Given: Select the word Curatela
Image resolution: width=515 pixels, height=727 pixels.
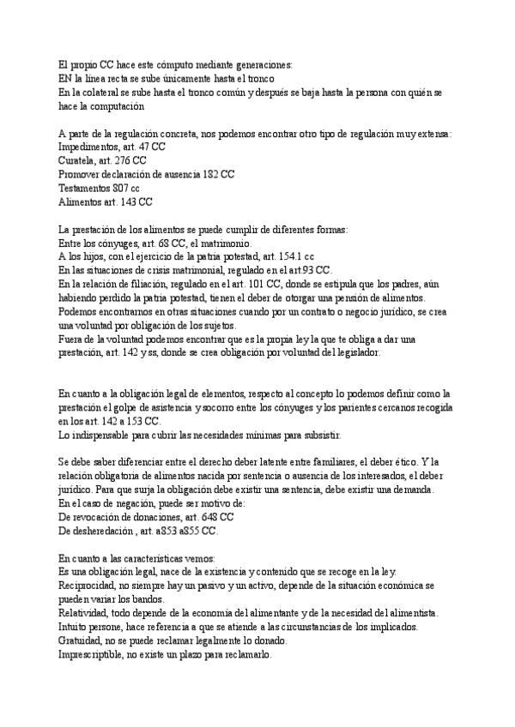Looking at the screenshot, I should (79, 160).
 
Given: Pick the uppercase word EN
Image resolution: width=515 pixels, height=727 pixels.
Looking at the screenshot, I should (66, 78).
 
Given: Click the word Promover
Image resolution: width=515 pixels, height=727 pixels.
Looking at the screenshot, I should (82, 174).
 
